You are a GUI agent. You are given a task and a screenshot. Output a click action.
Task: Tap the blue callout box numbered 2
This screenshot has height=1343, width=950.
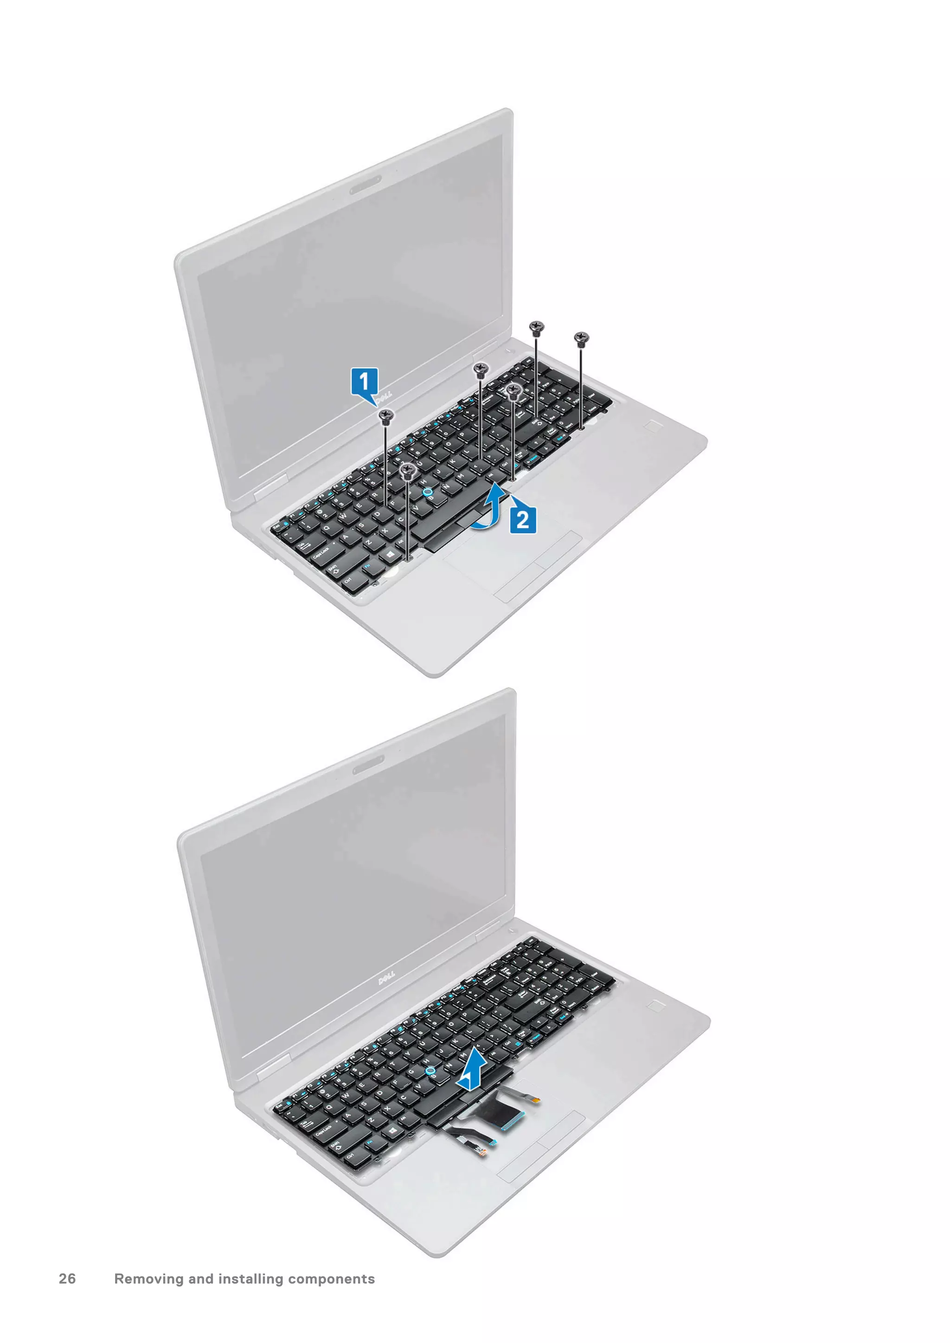pos(522,519)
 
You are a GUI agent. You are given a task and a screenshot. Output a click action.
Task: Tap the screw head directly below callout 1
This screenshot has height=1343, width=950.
pos(385,416)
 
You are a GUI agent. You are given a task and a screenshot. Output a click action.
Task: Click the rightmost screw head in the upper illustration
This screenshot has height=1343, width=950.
pos(581,338)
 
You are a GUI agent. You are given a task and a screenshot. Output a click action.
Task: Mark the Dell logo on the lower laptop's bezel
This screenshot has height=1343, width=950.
pos(385,978)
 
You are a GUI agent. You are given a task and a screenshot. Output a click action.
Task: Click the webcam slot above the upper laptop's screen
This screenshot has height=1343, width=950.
pos(366,184)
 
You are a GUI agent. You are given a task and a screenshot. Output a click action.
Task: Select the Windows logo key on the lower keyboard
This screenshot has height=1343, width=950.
pos(390,1132)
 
